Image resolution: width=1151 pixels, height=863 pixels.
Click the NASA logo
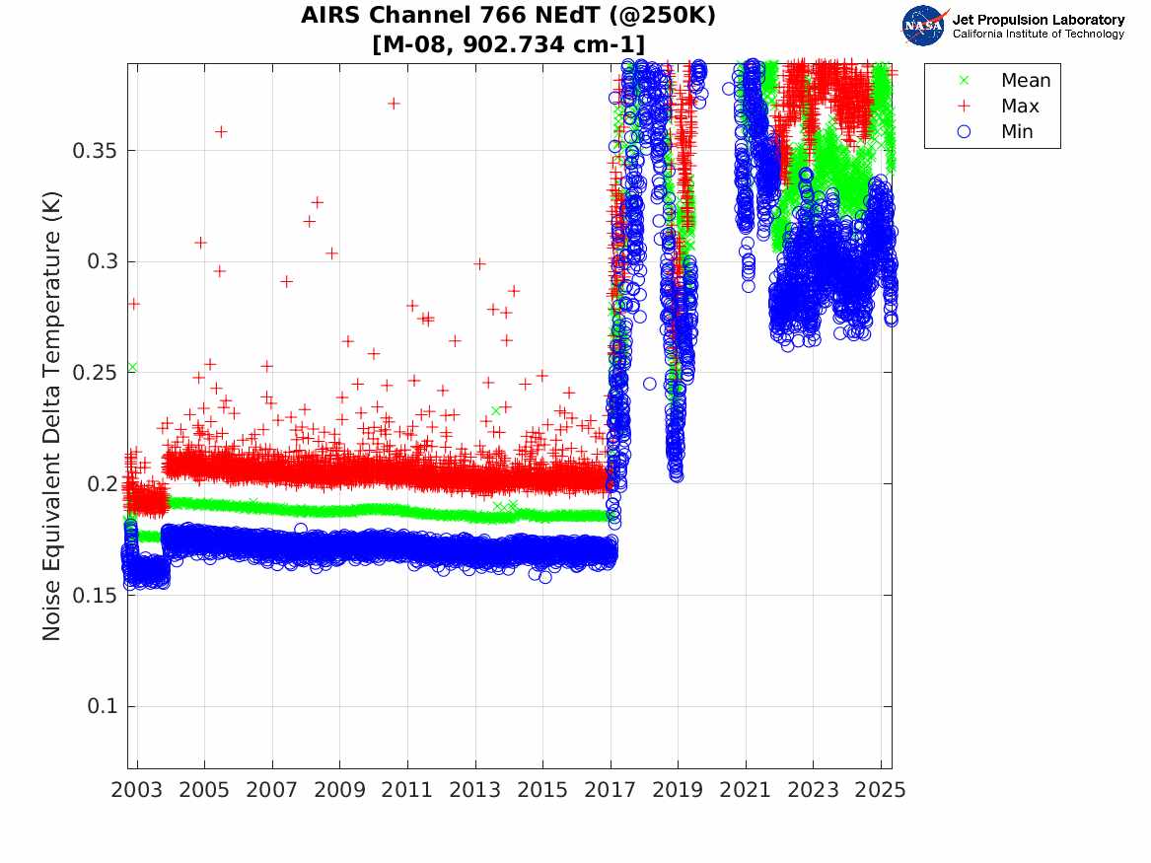click(x=923, y=25)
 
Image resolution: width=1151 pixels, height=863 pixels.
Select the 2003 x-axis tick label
click(x=137, y=790)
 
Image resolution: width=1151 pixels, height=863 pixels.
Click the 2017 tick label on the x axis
click(x=611, y=790)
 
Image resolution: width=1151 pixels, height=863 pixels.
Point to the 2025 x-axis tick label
click(x=881, y=790)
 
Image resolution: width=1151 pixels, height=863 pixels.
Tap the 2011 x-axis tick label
click(x=407, y=790)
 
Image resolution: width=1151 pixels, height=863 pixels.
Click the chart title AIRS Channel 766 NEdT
click(x=509, y=16)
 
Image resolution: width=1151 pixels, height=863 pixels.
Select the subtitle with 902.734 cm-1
click(x=509, y=43)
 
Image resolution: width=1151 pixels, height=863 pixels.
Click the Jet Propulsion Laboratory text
click(x=1038, y=19)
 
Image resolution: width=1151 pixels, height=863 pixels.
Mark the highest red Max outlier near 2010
click(x=394, y=104)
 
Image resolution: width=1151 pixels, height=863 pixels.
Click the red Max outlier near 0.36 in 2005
click(x=221, y=132)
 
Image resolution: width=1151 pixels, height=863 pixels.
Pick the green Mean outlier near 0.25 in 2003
click(x=132, y=367)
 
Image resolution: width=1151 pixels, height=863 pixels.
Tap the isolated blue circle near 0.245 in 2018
click(x=649, y=384)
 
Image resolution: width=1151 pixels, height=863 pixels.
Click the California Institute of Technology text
click(x=1038, y=35)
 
